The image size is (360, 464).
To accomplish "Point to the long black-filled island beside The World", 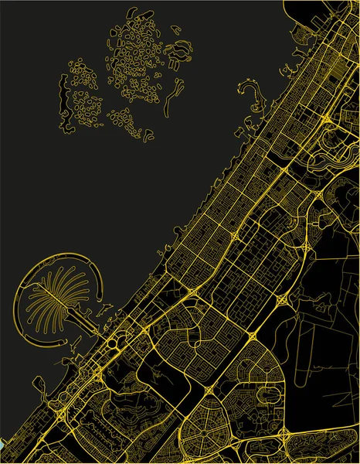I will click(64, 93).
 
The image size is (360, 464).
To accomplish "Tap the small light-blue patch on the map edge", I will click(2, 447).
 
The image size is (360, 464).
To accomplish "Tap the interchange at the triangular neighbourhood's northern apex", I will click(253, 335).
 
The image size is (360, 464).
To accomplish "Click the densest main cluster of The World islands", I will click(135, 66).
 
